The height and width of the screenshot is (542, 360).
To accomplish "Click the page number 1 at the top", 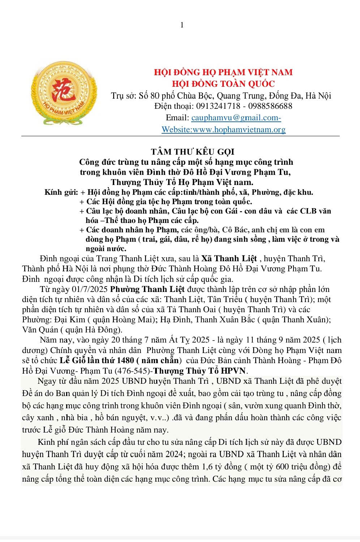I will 182,25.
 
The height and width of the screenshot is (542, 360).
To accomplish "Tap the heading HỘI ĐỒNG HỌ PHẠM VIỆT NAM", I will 223,72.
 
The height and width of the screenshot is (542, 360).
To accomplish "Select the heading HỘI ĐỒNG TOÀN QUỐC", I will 223,83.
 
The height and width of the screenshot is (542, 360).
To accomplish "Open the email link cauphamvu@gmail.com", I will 236,118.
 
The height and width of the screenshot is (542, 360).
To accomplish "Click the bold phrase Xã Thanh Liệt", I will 229,259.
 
